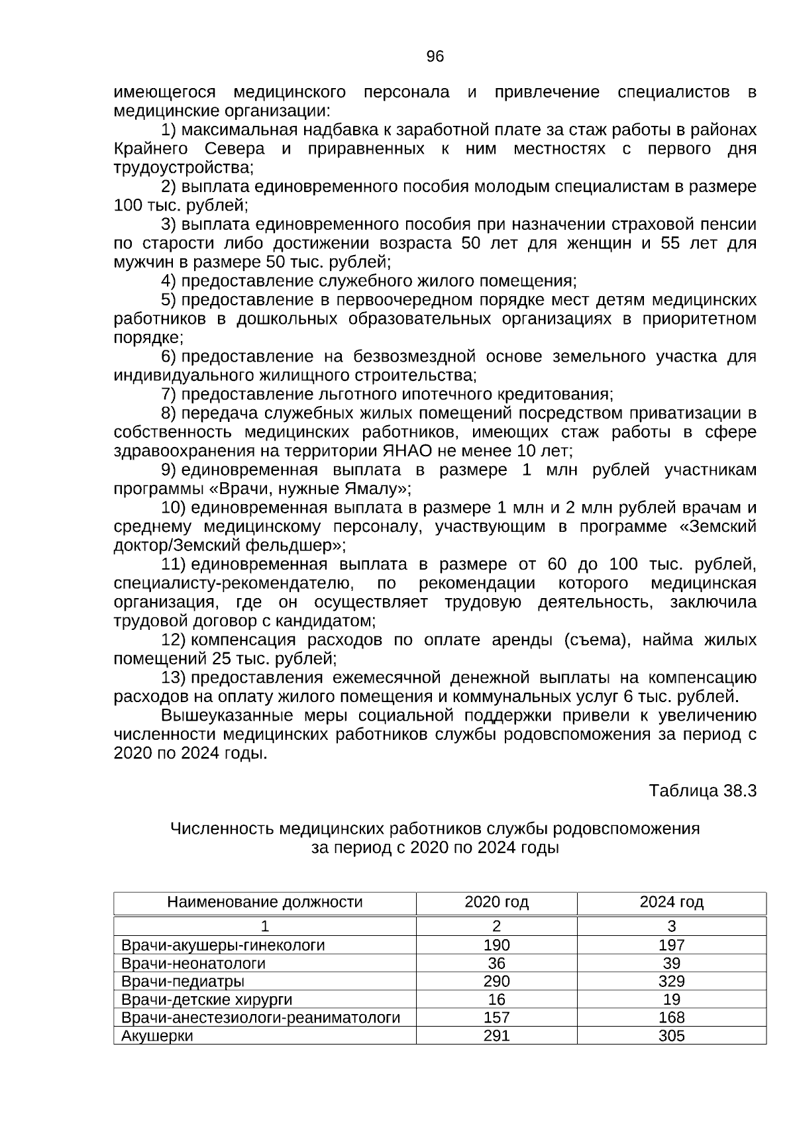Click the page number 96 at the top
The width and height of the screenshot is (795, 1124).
click(435, 57)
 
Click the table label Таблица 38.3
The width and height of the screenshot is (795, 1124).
click(702, 791)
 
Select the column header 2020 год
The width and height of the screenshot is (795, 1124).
click(496, 902)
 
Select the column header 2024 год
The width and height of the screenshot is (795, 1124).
click(671, 902)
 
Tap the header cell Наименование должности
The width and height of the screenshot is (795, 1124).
click(264, 902)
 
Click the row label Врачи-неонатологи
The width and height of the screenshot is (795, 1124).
click(193, 964)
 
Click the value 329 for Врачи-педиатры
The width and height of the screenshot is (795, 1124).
click(671, 982)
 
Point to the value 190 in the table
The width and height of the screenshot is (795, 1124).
click(496, 945)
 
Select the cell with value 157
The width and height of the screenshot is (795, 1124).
click(496, 1018)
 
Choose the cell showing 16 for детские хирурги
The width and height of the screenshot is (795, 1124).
click(496, 999)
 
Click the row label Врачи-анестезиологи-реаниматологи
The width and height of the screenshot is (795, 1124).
click(261, 1018)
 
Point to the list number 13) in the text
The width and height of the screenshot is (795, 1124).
click(174, 678)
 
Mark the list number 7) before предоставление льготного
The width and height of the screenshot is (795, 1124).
click(168, 395)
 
